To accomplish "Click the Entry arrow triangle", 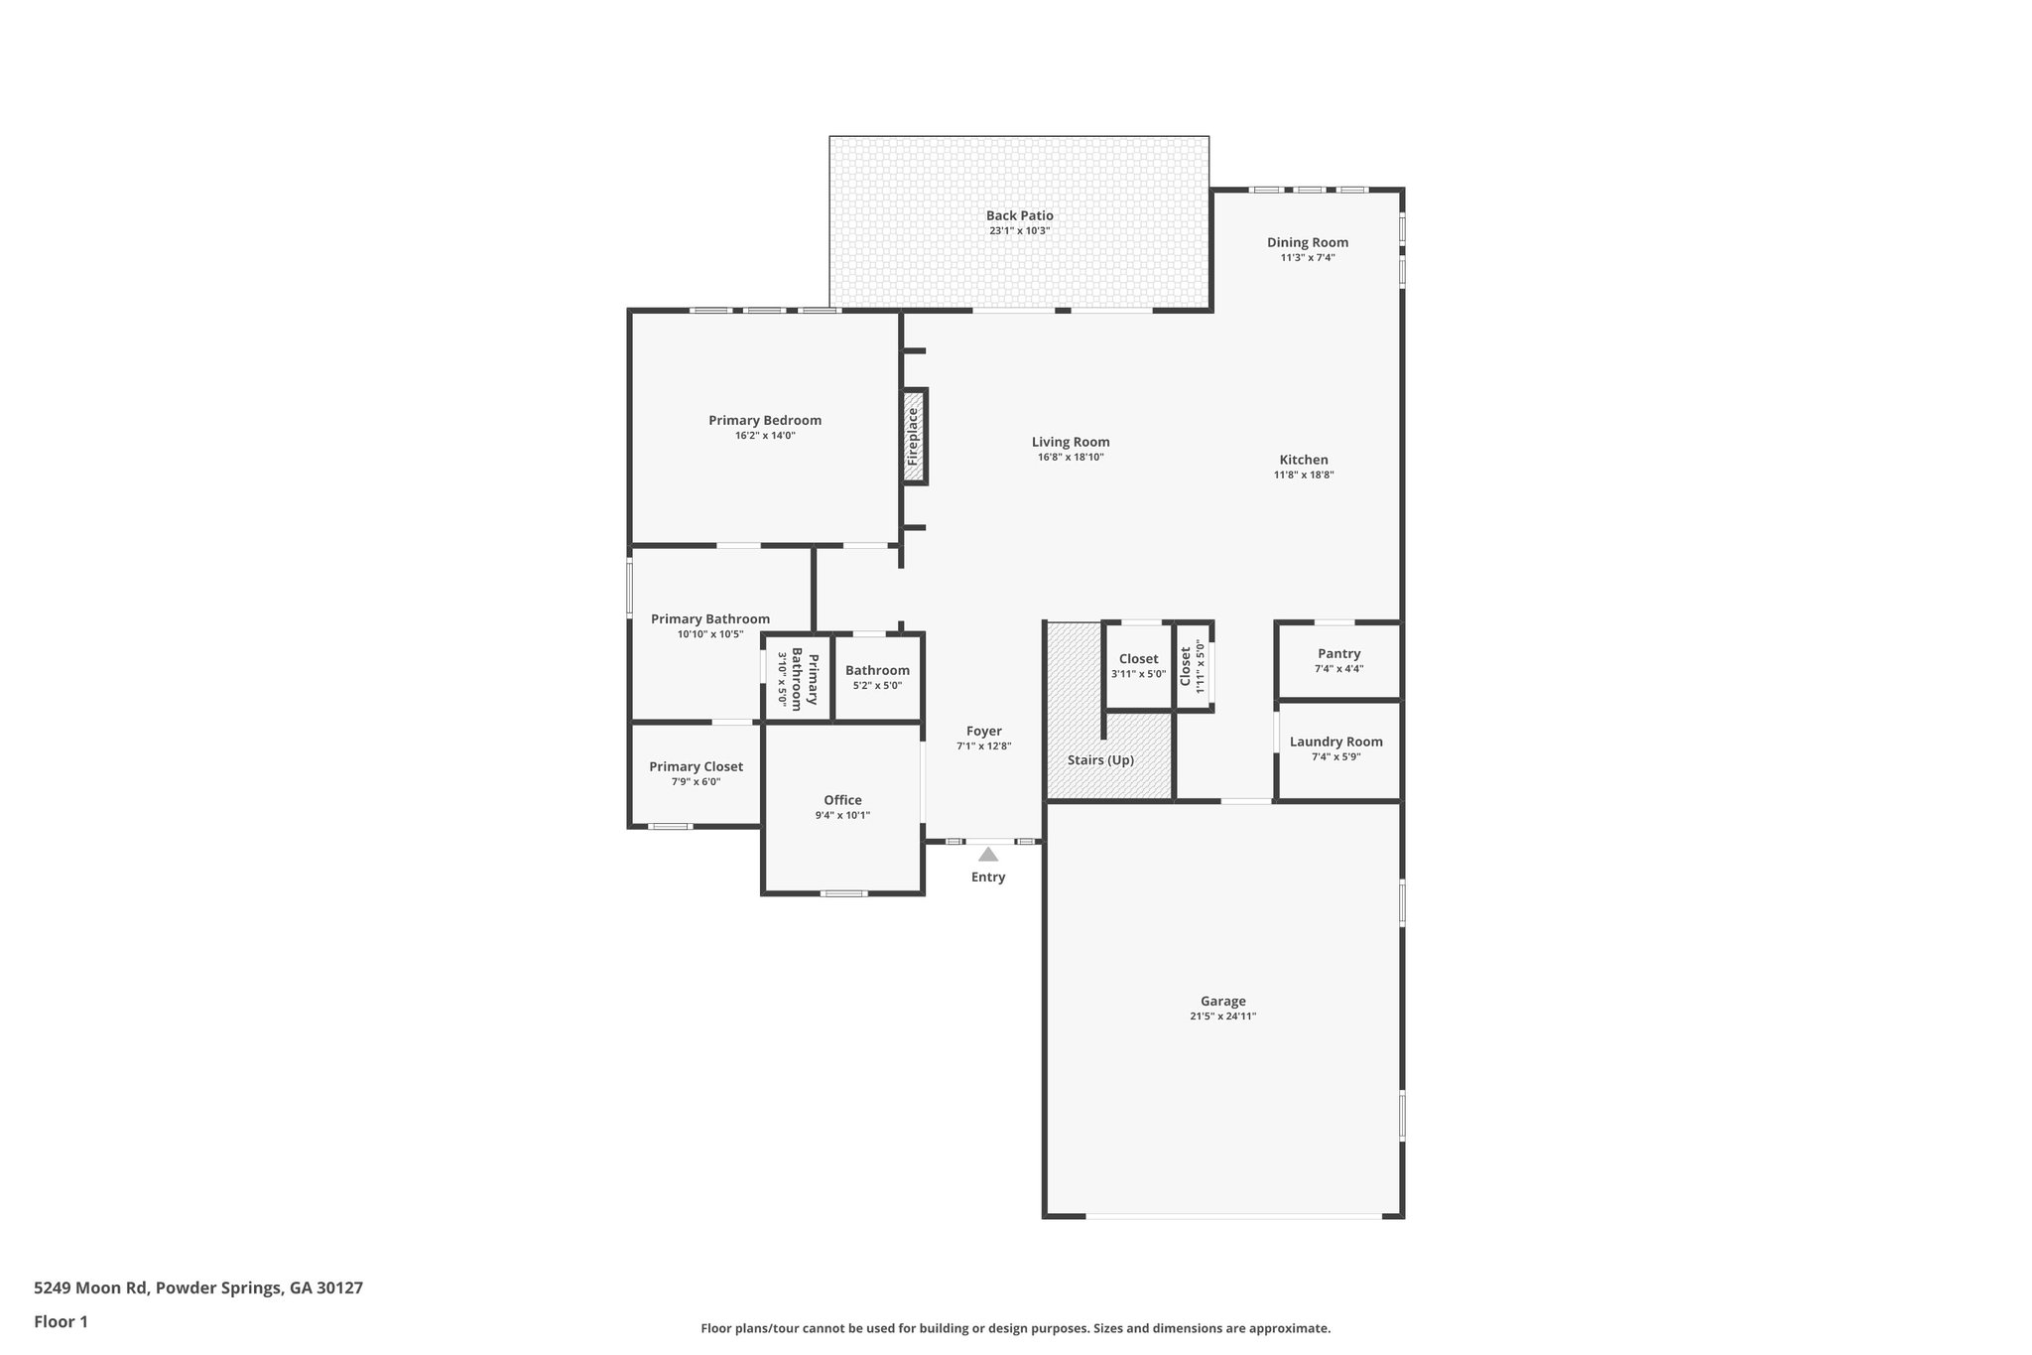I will (x=988, y=855).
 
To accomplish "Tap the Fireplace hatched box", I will (x=914, y=437).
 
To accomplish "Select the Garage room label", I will (x=1222, y=1001).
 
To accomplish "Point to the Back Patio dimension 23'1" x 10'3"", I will (x=1019, y=230).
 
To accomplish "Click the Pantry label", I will (x=1338, y=653).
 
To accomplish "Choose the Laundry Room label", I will (x=1335, y=742).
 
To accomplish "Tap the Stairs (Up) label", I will (x=1100, y=760).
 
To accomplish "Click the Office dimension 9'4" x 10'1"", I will (x=842, y=815).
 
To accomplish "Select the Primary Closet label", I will (x=696, y=766).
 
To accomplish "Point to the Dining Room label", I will (x=1307, y=242).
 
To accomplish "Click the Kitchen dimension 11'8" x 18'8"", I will (x=1303, y=474).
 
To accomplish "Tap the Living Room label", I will (x=1071, y=442).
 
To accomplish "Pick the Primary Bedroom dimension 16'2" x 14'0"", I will (x=765, y=435).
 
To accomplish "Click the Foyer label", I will (x=983, y=731).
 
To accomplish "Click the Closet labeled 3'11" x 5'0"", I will (x=1138, y=659).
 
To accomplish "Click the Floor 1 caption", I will (x=62, y=1322).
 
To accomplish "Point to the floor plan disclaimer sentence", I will (x=1015, y=1328).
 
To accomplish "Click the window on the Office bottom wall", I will (x=843, y=893).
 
